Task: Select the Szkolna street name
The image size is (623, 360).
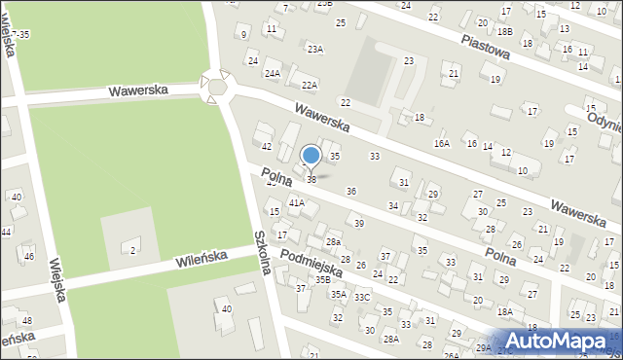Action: tap(261, 251)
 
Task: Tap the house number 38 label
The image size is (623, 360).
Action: tap(311, 180)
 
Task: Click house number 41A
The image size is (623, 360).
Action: tap(296, 203)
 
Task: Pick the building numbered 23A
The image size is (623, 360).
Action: tap(314, 49)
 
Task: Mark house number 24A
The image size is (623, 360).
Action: tap(273, 73)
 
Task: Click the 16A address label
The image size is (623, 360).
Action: tap(442, 143)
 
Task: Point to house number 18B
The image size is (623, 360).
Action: tap(503, 31)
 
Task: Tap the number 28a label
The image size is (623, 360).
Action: tap(333, 241)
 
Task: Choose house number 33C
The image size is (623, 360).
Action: tap(362, 297)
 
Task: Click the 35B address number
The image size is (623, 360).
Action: tap(322, 279)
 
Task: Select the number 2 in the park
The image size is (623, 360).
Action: tap(133, 251)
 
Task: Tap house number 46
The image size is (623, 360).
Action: tap(29, 256)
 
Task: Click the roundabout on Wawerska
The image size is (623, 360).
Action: tap(217, 87)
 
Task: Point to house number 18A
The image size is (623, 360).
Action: tap(504, 311)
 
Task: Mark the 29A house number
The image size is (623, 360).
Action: tap(484, 347)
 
